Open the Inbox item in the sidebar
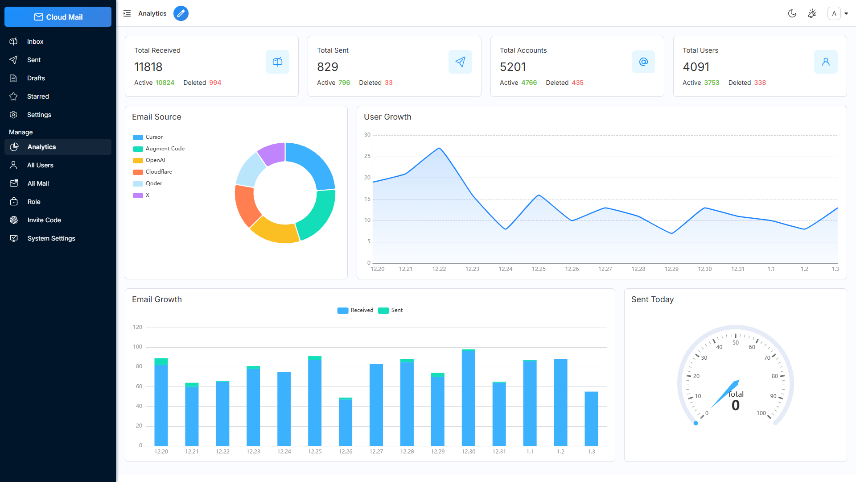click(35, 42)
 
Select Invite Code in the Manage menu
click(44, 220)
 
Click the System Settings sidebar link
click(51, 238)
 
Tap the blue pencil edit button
click(181, 13)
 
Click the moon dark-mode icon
click(792, 13)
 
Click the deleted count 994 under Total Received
click(215, 83)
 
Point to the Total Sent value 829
click(328, 67)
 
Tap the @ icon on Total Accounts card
click(643, 62)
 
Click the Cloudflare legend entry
click(158, 172)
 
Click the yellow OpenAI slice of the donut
click(274, 232)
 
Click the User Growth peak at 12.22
click(439, 148)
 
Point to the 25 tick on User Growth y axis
click(367, 156)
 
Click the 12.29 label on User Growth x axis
click(671, 269)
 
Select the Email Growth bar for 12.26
click(346, 421)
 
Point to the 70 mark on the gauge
click(767, 358)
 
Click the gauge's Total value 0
click(736, 405)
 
